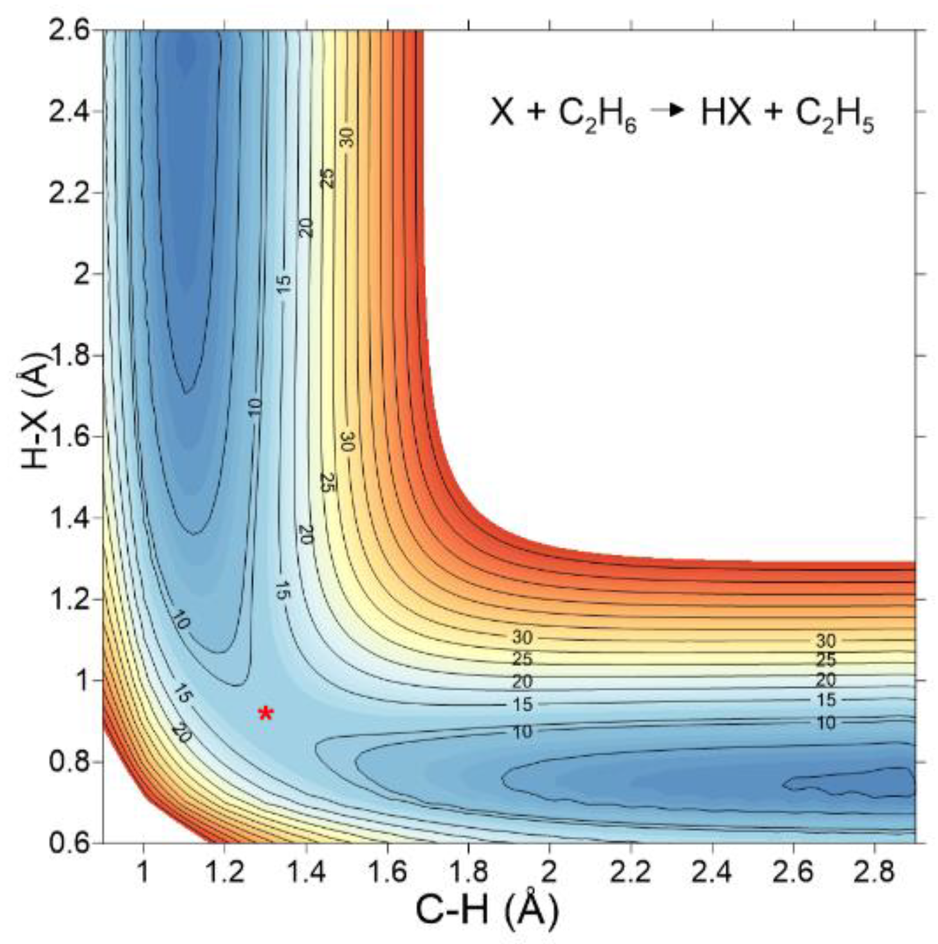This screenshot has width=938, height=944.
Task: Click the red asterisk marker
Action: coord(266,713)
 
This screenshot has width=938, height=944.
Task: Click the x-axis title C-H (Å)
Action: coord(487,910)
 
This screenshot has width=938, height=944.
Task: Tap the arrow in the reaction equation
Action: coord(668,110)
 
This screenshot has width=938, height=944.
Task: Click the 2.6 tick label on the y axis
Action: coord(69,31)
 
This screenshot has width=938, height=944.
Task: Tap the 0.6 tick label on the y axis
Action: coord(69,843)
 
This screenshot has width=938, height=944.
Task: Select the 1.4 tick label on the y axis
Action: coord(69,518)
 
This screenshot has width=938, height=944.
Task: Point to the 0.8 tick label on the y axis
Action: coord(69,762)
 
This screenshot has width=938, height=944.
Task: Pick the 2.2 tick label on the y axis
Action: coord(69,193)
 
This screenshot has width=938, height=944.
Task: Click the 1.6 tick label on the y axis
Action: coord(69,437)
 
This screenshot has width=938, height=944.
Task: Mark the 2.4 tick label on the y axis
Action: coord(69,112)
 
